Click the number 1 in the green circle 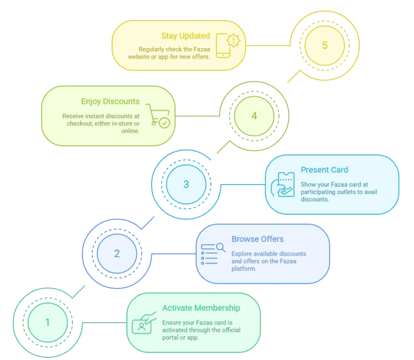pos(47,322)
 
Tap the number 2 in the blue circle pos(117,254)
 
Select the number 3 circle pos(186,184)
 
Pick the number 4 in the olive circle pos(254,116)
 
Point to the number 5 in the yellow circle pos(325,45)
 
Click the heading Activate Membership pos(201,308)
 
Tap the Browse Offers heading pos(257,239)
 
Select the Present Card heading pos(324,170)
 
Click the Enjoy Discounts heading pos(111,102)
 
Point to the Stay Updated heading pos(186,36)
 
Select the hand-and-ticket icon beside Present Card pos(282,185)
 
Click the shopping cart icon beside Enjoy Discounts pos(158,116)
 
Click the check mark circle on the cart pos(165,123)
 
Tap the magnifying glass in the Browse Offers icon pos(221,247)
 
